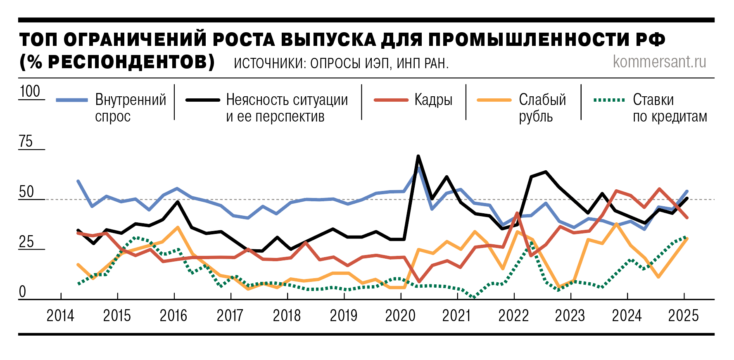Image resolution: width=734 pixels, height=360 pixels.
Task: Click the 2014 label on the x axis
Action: point(60,316)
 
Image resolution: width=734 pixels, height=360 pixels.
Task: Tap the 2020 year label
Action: point(400,316)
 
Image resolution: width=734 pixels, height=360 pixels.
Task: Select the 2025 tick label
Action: point(684,316)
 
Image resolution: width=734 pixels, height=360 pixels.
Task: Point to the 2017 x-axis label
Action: point(230,316)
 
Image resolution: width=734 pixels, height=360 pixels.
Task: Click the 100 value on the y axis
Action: point(30,91)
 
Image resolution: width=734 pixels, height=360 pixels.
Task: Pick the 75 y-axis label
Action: point(26,141)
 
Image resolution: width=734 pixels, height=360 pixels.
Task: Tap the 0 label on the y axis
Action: point(22,292)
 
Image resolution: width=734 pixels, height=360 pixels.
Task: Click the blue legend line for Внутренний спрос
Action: point(72,100)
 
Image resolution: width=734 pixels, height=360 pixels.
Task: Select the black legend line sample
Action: point(203,100)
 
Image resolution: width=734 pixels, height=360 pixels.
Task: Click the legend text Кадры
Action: point(433,100)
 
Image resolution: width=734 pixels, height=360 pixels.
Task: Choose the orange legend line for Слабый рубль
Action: point(494,100)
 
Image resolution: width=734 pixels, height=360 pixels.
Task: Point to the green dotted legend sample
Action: point(609,100)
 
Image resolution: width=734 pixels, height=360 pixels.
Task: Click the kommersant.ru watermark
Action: point(660,62)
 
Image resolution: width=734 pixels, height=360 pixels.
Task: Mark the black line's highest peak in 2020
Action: point(418,156)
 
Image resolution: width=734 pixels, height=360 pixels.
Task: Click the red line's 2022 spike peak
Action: point(517,213)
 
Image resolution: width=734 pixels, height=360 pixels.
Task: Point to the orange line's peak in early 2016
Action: point(177,227)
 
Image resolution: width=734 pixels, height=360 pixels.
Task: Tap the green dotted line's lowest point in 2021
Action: point(473,297)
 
